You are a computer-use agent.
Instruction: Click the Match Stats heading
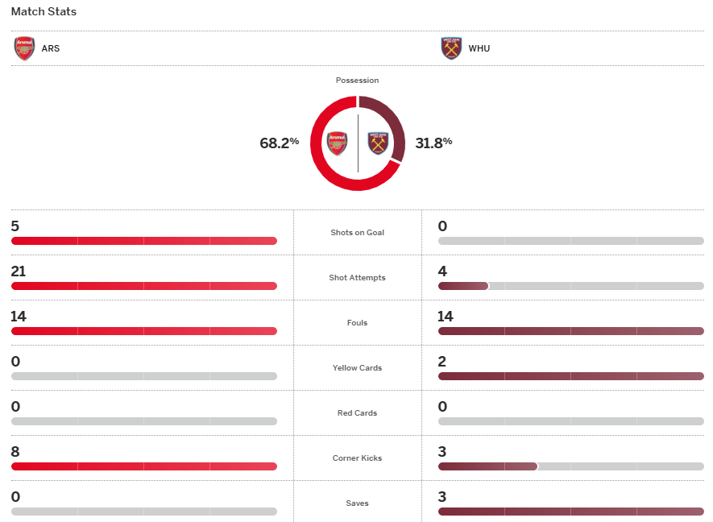(44, 12)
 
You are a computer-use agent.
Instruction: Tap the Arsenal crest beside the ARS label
(24, 48)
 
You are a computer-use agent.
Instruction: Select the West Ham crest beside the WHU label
(451, 48)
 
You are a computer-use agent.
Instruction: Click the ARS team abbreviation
(51, 48)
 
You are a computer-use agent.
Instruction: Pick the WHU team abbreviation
(479, 48)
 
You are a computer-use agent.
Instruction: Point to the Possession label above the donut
(357, 81)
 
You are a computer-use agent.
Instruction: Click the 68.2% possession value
(279, 143)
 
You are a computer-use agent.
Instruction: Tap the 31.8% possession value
(433, 143)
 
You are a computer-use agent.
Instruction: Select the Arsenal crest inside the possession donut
(337, 143)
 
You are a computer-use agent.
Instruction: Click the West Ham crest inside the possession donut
(378, 143)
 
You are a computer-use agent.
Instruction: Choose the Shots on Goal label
(357, 233)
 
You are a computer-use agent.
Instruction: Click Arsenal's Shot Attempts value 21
(19, 271)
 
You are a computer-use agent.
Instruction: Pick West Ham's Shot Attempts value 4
(442, 271)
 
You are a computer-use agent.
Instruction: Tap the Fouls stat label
(357, 323)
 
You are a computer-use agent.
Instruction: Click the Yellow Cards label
(357, 368)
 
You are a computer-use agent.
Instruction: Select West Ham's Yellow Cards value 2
(442, 362)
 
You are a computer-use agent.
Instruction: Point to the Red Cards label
(357, 413)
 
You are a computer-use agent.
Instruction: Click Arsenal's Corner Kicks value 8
(15, 452)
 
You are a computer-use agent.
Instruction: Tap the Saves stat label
(357, 503)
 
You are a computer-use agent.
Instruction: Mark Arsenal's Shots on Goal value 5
(15, 226)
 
